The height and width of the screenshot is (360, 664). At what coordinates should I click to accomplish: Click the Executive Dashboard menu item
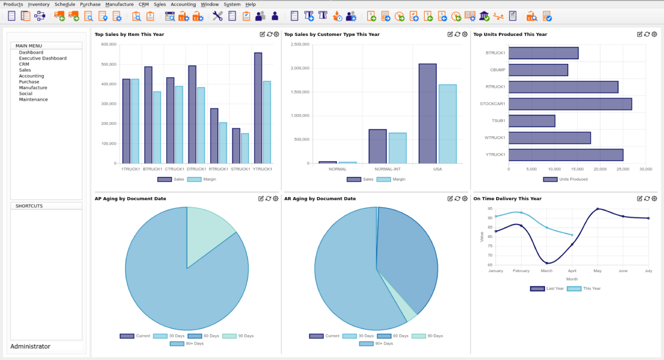(x=43, y=58)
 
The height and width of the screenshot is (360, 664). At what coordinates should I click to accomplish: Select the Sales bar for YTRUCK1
(x=258, y=108)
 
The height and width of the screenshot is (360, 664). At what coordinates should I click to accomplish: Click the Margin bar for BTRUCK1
(x=157, y=127)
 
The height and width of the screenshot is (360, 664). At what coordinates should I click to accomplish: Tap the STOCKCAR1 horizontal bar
(x=570, y=104)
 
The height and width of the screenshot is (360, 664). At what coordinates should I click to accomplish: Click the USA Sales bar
(x=428, y=114)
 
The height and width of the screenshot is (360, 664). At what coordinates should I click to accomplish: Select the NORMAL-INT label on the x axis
(x=388, y=169)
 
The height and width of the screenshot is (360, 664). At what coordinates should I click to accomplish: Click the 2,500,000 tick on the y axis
(x=300, y=44)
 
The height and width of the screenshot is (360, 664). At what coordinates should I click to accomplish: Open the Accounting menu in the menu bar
(x=183, y=4)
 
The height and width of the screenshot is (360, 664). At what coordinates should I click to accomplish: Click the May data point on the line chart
(x=598, y=209)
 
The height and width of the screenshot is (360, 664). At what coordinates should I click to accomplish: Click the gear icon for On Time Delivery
(x=655, y=198)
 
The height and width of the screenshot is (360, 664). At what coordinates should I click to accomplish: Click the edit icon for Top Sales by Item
(x=262, y=34)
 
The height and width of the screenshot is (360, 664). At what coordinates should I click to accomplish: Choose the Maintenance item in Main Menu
(x=33, y=100)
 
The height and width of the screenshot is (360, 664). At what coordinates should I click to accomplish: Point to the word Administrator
(x=31, y=347)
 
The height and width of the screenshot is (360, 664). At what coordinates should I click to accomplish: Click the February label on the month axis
(x=521, y=271)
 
